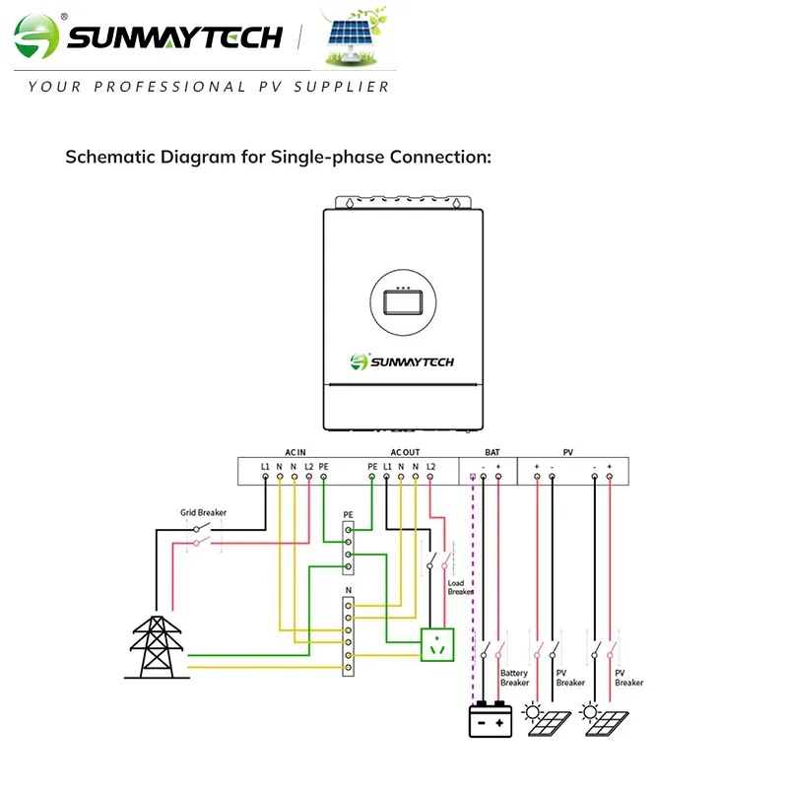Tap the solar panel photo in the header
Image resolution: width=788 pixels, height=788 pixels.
(359, 39)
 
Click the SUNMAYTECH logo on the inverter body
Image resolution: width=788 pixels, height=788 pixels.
(402, 361)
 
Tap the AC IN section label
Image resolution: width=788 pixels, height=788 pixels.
(296, 452)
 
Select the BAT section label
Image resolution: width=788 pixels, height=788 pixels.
(492, 452)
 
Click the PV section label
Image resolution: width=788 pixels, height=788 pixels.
(568, 452)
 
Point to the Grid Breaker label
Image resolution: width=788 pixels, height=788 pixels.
(203, 513)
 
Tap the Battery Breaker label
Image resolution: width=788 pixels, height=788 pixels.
(514, 678)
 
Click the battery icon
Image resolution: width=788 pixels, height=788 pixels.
(491, 720)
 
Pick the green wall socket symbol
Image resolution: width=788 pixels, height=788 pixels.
(436, 645)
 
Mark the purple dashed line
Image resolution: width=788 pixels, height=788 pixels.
(473, 591)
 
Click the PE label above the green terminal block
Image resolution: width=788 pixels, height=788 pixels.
(348, 515)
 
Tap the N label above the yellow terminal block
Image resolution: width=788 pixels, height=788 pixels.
(348, 589)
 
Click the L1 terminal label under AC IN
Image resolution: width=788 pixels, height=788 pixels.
(265, 465)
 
